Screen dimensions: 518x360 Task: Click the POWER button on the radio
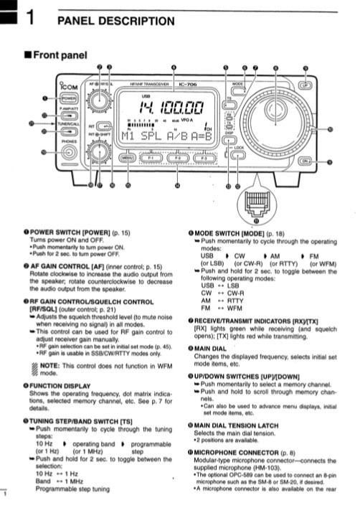(69, 98)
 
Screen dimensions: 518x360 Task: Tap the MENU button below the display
(128, 157)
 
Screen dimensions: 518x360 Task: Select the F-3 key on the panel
(204, 157)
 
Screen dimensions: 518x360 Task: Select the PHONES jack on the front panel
(70, 151)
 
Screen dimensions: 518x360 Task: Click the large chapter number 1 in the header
(32, 21)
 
